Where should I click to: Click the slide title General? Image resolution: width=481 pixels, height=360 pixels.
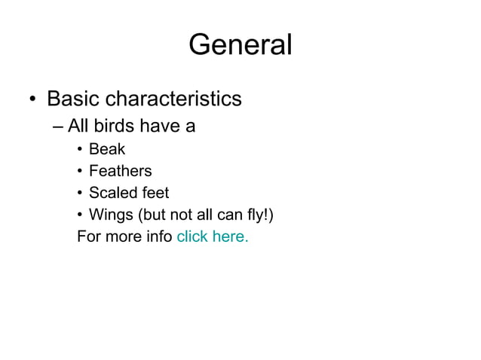pos(240,45)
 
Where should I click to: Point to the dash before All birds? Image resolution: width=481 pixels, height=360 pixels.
pos(60,126)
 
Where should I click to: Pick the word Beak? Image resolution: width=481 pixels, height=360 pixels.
pos(107,149)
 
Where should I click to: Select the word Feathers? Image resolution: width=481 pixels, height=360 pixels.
pos(120,171)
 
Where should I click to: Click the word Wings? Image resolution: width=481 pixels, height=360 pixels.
pos(110,215)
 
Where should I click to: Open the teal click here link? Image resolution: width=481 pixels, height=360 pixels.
pos(212,236)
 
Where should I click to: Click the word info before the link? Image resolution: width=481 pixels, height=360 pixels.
pos(156,236)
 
